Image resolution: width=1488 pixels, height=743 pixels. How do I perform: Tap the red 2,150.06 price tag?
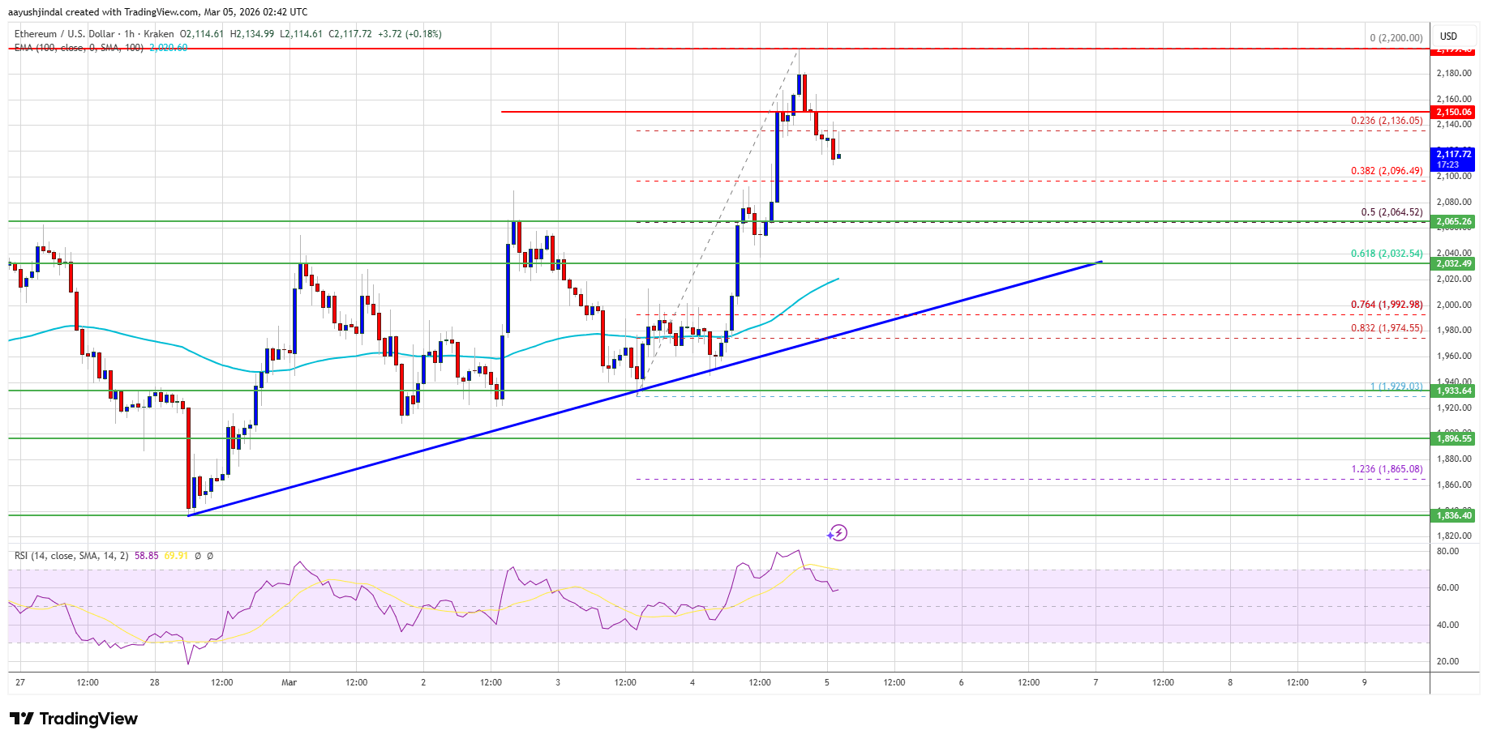point(1454,112)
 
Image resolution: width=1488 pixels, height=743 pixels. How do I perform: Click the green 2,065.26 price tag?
point(1454,221)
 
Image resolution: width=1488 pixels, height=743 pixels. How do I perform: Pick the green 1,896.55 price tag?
point(1454,438)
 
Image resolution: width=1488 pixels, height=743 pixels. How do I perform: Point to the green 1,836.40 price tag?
point(1454,515)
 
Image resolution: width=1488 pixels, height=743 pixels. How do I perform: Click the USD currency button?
point(1448,36)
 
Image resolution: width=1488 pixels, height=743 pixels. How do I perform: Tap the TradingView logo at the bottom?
point(74,719)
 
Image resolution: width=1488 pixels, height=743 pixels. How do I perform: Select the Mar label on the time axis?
point(289,682)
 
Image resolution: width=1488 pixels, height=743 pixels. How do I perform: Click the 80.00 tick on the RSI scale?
point(1447,551)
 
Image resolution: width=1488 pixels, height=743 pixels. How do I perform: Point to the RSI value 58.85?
point(147,556)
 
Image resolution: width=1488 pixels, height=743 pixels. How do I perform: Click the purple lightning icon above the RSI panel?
point(838,533)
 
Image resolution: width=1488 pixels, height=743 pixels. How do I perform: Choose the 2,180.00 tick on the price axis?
point(1453,74)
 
